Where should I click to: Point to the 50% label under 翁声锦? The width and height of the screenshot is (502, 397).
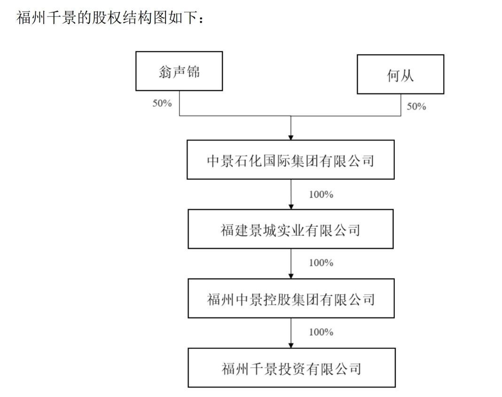tap(162, 103)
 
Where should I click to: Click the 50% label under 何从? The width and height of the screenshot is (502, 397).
tap(416, 106)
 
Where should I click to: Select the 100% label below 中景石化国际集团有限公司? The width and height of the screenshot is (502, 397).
tap(321, 194)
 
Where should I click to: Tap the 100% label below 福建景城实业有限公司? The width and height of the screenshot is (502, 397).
tap(321, 263)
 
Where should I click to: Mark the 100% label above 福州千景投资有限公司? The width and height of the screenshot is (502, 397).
tap(321, 332)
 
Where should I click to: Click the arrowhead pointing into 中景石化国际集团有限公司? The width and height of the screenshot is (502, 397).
tap(290, 137)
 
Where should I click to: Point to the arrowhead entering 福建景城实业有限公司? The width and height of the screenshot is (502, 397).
tap(291, 207)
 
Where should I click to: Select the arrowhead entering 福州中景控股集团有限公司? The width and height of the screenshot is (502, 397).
tap(291, 276)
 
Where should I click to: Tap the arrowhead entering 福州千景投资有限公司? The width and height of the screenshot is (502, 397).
tap(291, 345)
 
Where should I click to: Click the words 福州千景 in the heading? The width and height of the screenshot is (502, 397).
tap(47, 17)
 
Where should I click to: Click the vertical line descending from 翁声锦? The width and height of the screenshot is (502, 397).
tap(179, 103)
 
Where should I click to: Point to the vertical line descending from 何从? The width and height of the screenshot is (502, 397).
tap(401, 105)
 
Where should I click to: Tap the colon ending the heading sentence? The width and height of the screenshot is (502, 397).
tap(201, 20)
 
